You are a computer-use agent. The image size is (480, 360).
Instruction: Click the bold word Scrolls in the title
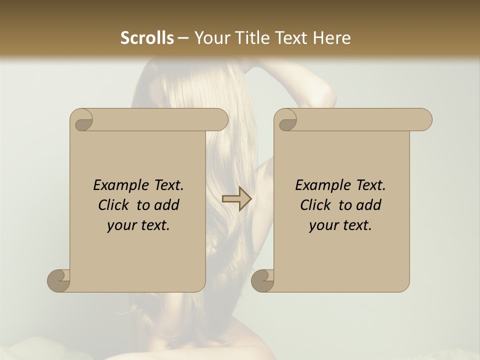coord(147,38)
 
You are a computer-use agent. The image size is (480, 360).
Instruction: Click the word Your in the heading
coord(212,38)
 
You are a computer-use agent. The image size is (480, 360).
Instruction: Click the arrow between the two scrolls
coord(236,199)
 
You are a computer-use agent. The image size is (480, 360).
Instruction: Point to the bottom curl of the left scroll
coord(59,280)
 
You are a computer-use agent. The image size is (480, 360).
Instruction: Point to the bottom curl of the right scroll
coord(263,280)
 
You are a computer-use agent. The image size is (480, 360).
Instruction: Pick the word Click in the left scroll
coord(113,205)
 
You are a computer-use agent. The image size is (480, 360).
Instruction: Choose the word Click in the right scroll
coord(315,205)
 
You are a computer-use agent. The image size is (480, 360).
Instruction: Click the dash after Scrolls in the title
coord(183,38)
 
